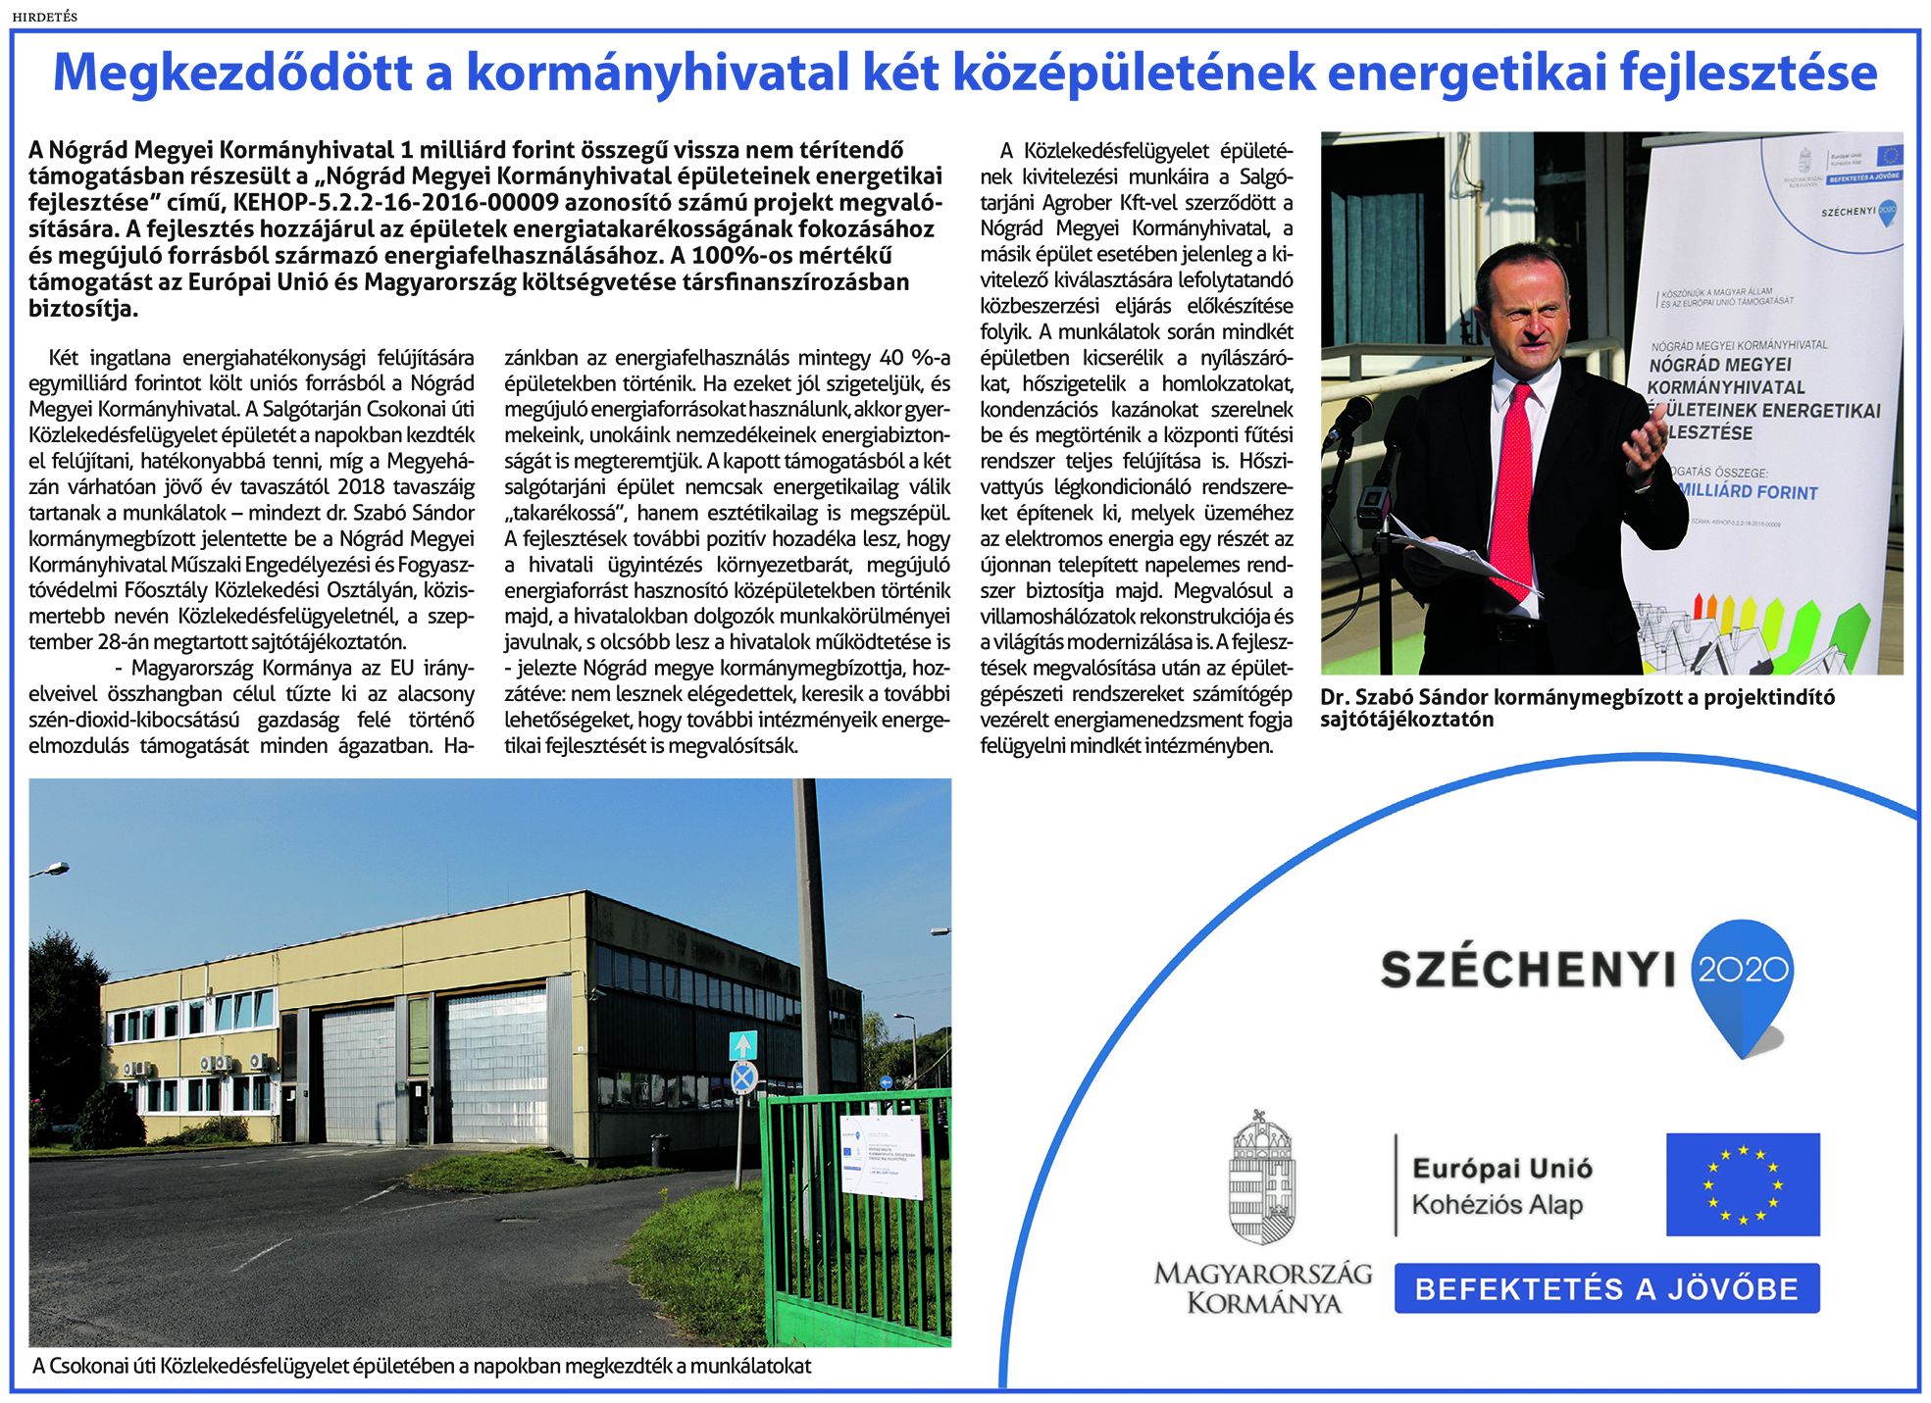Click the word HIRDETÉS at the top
click(x=44, y=17)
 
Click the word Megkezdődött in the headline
click(x=231, y=74)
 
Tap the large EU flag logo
click(x=1742, y=1183)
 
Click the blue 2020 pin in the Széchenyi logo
click(x=1743, y=980)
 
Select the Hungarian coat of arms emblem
click(x=1262, y=1178)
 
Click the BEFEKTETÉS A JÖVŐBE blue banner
click(x=1606, y=1288)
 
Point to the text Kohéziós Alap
click(x=1497, y=1205)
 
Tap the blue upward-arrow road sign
click(x=743, y=1045)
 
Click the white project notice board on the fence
click(x=881, y=1156)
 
